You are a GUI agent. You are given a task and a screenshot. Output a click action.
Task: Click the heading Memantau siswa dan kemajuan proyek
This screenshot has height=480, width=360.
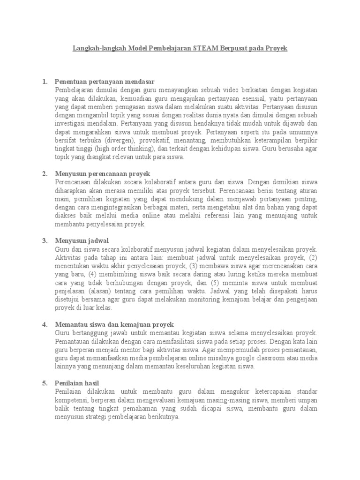point(114,324)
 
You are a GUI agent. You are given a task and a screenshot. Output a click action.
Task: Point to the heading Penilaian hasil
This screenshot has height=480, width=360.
point(77,383)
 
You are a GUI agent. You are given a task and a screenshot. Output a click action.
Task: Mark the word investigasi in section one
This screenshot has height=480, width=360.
point(71,124)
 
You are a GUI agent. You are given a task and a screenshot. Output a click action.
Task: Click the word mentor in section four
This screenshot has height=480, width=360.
point(128,349)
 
